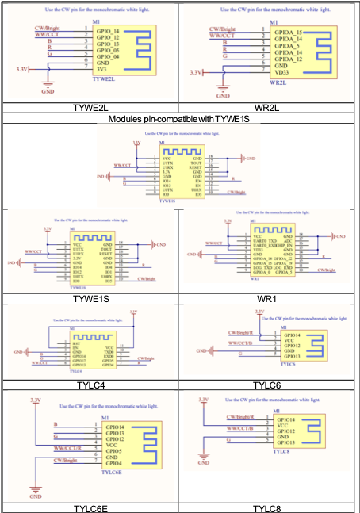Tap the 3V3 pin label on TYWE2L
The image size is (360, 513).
click(102, 69)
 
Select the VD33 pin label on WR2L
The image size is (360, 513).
click(281, 71)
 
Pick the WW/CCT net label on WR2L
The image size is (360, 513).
click(222, 36)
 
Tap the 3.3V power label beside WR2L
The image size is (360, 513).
click(196, 72)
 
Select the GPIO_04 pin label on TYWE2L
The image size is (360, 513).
click(108, 56)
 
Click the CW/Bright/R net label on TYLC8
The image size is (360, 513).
click(241, 416)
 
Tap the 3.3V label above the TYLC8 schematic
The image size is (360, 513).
click(203, 399)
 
